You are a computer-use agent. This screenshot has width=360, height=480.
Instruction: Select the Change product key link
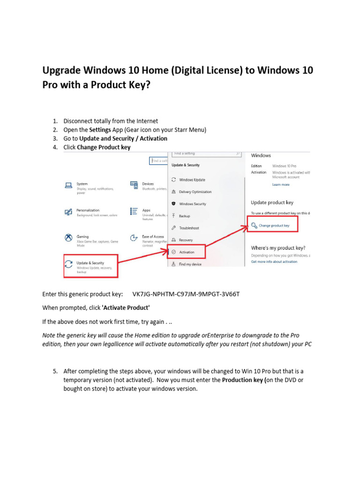274,225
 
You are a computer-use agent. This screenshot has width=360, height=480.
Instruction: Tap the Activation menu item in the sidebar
186,252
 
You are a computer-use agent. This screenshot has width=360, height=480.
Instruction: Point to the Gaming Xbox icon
68,238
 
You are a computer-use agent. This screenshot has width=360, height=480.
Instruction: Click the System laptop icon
68,185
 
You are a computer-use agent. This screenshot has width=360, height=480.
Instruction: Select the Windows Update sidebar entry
192,180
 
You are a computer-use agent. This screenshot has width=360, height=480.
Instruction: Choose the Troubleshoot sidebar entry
189,228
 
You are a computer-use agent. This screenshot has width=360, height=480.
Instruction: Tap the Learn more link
281,185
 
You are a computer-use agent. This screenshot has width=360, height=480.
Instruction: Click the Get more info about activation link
274,262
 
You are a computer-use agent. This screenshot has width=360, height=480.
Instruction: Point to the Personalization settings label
88,210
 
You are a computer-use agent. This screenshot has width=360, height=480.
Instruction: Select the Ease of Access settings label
153,237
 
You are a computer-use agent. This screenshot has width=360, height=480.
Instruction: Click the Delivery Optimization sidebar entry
195,192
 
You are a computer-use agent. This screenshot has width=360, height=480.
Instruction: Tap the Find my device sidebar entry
190,264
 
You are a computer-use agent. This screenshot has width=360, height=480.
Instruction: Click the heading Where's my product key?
278,247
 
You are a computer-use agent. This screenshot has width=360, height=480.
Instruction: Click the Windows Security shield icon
174,204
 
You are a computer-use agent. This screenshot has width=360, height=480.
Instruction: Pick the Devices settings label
148,184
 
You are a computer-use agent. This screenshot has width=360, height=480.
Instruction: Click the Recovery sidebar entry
186,240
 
